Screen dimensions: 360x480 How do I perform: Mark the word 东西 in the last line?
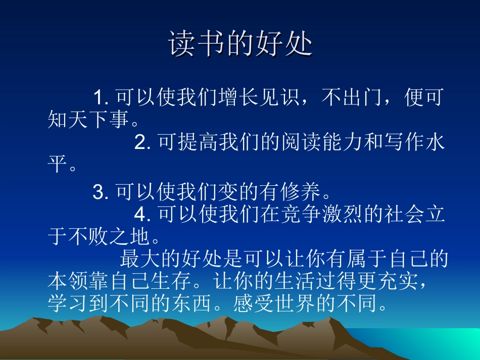click(193, 303)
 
